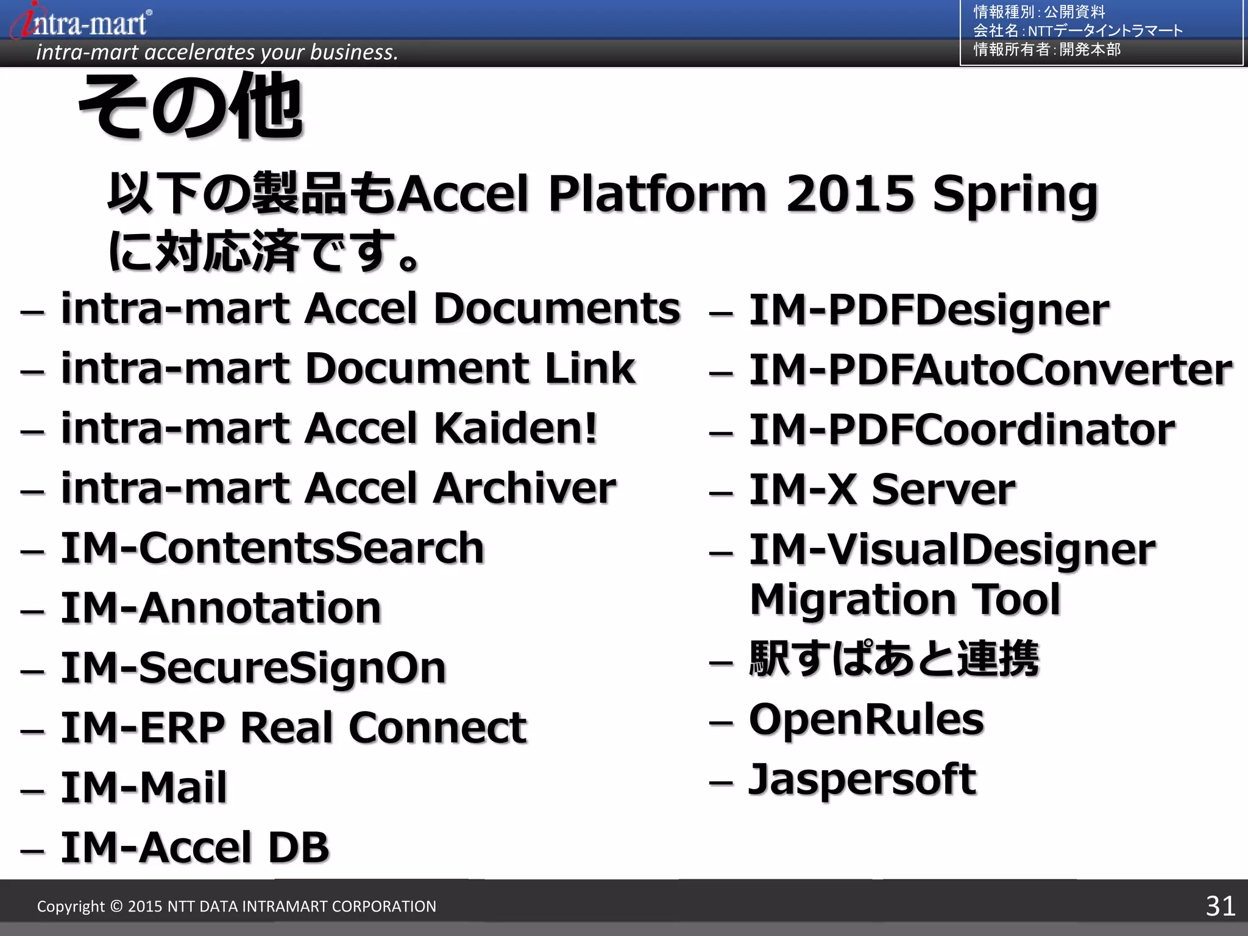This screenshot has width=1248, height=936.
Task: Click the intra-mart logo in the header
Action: [x=82, y=21]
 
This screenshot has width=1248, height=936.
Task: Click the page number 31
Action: [x=1220, y=906]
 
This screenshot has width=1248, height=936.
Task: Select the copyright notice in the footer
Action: [x=236, y=906]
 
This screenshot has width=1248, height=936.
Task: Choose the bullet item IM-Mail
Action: [x=144, y=787]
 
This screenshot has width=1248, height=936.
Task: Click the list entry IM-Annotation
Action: [x=221, y=608]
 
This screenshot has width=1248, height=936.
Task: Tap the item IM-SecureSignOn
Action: [x=253, y=668]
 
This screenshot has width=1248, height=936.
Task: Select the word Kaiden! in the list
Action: [x=516, y=428]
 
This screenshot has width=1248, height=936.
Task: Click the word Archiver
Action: [x=524, y=489]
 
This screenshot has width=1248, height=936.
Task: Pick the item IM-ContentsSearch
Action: [x=272, y=548]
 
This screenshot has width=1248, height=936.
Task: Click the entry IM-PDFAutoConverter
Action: [x=990, y=370]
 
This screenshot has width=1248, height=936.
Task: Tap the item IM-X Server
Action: [x=882, y=490]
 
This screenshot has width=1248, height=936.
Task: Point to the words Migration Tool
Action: [x=905, y=600]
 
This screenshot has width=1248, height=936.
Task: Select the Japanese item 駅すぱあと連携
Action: [x=893, y=659]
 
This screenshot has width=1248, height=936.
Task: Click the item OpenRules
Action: [x=866, y=720]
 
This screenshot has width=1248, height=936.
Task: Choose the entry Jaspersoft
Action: [x=862, y=779]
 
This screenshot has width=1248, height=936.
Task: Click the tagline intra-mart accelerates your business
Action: [x=217, y=52]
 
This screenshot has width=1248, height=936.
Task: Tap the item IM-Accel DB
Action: [x=195, y=848]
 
